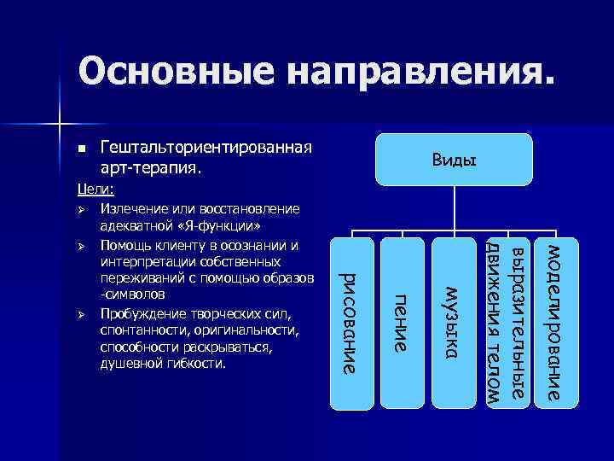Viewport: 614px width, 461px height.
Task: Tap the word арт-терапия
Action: pyautogui.click(x=150, y=168)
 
